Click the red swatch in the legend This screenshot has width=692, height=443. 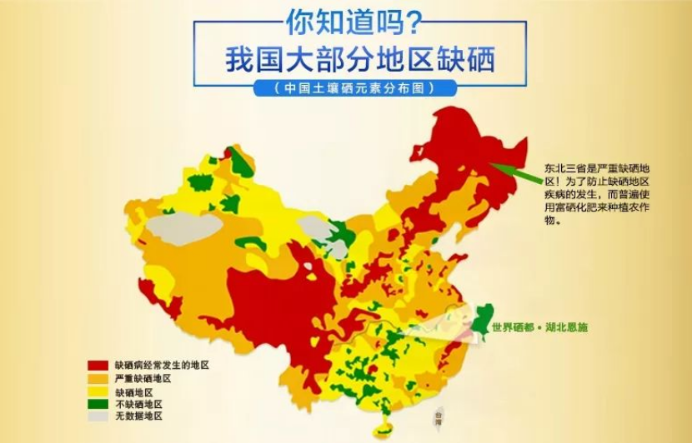tap(98, 365)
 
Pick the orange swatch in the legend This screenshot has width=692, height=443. tap(98, 378)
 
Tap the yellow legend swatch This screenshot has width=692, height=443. tap(98, 391)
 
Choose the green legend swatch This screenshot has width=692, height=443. tap(98, 403)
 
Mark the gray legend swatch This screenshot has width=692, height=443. tap(98, 416)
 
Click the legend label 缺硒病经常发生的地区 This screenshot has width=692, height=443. tap(162, 365)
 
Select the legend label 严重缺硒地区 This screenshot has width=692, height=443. tap(143, 378)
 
